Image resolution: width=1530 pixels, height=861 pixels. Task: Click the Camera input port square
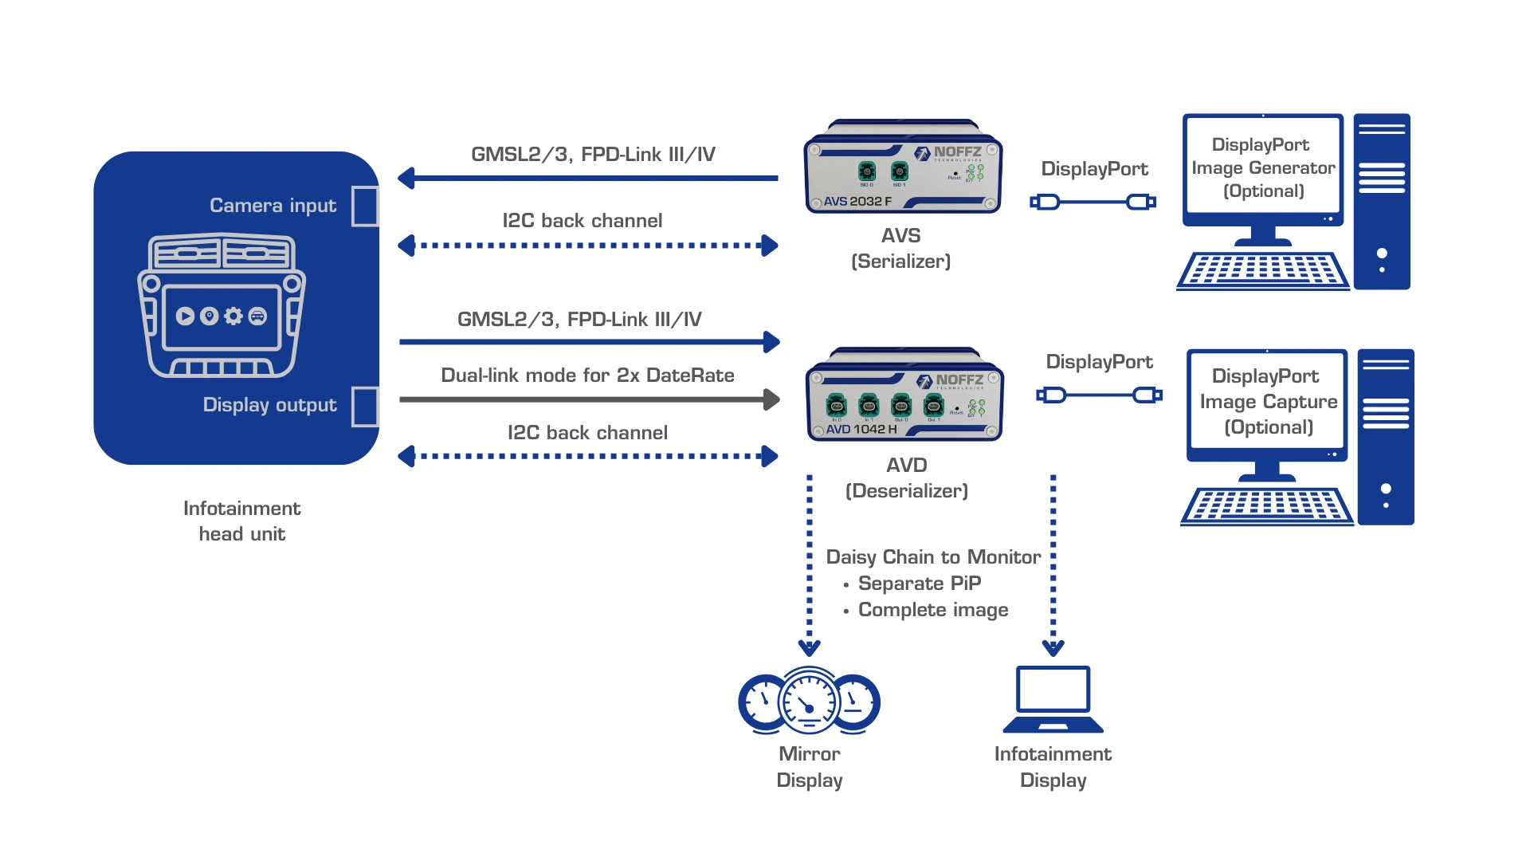click(x=365, y=206)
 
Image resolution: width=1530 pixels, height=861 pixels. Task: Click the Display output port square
click(x=365, y=407)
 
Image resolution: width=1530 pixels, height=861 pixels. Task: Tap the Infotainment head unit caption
click(x=241, y=521)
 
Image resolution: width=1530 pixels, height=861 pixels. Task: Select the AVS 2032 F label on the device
click(x=857, y=201)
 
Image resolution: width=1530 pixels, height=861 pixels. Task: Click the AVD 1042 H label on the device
click(x=861, y=429)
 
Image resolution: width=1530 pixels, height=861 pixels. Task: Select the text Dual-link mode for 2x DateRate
click(x=587, y=375)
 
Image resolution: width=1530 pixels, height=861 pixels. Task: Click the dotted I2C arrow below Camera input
click(x=588, y=246)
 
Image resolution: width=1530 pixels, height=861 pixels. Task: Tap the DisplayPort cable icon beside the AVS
click(x=1093, y=202)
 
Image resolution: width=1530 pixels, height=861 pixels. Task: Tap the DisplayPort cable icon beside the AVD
click(x=1099, y=395)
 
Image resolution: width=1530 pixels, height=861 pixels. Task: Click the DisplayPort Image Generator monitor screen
click(x=1263, y=167)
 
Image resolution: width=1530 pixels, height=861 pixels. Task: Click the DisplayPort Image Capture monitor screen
click(x=1267, y=401)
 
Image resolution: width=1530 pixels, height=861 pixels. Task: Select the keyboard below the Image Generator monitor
click(x=1262, y=270)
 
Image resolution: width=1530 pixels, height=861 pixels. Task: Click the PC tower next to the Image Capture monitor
click(x=1386, y=437)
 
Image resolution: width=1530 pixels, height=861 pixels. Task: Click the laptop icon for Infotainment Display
click(x=1053, y=699)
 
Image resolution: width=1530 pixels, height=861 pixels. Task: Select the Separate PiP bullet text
click(x=919, y=584)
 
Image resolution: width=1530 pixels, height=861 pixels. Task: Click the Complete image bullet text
click(x=932, y=610)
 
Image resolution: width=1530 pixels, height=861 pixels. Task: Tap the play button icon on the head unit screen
click(x=185, y=316)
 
